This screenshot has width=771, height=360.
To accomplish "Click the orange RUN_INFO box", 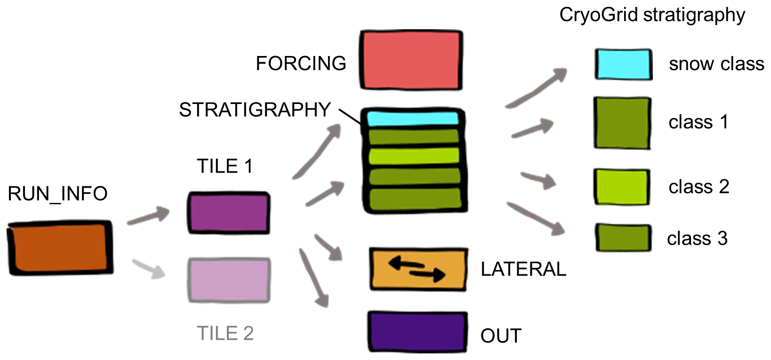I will [60, 248].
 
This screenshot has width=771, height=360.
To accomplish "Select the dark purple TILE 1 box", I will [229, 213].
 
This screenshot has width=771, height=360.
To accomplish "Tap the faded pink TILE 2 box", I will [229, 280].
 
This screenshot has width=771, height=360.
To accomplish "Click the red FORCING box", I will [411, 60].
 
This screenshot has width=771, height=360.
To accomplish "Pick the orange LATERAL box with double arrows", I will [418, 269].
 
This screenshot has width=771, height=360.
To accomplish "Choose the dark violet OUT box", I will [417, 332].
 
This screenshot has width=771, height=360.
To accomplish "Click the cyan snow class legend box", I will [623, 64].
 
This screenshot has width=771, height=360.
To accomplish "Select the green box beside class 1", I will [622, 123].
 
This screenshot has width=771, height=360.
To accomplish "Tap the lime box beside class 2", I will [622, 187].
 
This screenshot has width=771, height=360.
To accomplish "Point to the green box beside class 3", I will [624, 238].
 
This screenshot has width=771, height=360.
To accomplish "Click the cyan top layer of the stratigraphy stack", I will [413, 118].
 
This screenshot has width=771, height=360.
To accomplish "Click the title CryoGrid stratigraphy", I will [652, 15].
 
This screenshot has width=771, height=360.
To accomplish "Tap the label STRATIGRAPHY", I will [255, 110].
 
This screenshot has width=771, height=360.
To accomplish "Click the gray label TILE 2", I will [225, 334].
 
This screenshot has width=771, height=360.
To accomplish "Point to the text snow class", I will [716, 64].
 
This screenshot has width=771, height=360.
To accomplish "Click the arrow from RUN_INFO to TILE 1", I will [148, 216].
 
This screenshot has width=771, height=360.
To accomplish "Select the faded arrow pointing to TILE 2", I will [149, 269].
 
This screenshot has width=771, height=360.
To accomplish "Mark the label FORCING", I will [301, 64].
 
